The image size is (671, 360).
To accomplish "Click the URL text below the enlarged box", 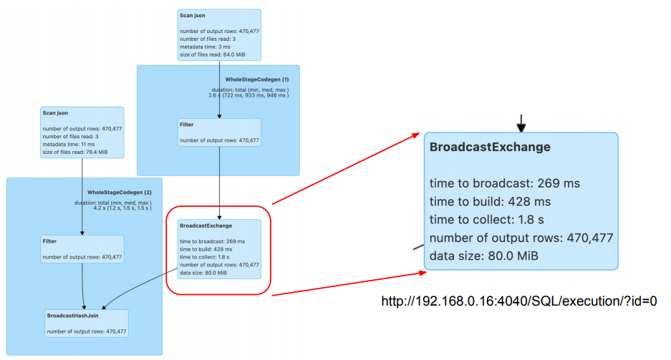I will coord(519,301).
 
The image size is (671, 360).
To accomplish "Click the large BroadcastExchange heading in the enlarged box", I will coord(490,147).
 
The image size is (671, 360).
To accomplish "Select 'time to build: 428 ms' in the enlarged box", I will coord(490,201).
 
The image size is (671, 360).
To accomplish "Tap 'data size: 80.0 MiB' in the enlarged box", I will coord(484,256).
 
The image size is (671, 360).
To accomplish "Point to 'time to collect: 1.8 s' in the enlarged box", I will coord(491,219).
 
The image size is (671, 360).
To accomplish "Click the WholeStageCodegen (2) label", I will coord(120,193).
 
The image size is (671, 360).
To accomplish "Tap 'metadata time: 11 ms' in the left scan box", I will coord(69,144).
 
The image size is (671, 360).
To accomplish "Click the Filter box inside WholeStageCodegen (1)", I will coord(219,132).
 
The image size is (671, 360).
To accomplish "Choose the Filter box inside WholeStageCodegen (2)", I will coord(82,248).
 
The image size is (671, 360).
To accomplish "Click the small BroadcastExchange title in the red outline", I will coord(202,226).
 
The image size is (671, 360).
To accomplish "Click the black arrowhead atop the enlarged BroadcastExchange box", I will coord(521,127).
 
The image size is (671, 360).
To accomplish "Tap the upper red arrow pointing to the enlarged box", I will coord(344,168).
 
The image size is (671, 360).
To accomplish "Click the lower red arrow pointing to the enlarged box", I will coord(344,283).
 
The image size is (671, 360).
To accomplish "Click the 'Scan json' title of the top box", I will coord(195,16).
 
